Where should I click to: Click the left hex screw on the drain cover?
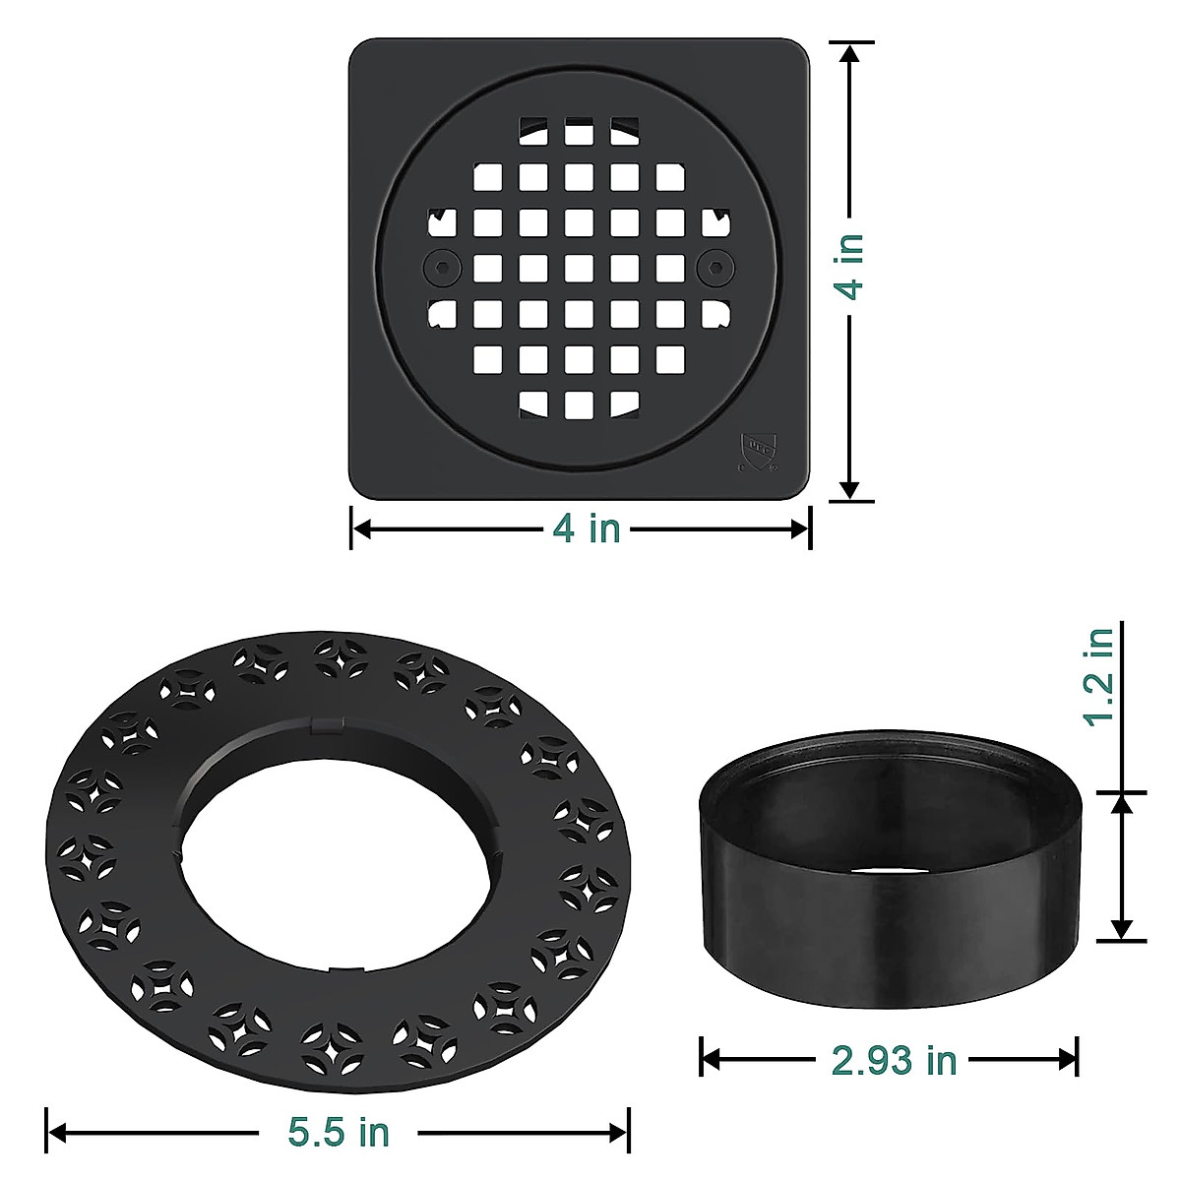(442, 268)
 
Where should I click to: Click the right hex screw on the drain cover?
(715, 268)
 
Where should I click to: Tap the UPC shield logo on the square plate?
(758, 448)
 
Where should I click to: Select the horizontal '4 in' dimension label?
(586, 528)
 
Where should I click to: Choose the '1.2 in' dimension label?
(1099, 677)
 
